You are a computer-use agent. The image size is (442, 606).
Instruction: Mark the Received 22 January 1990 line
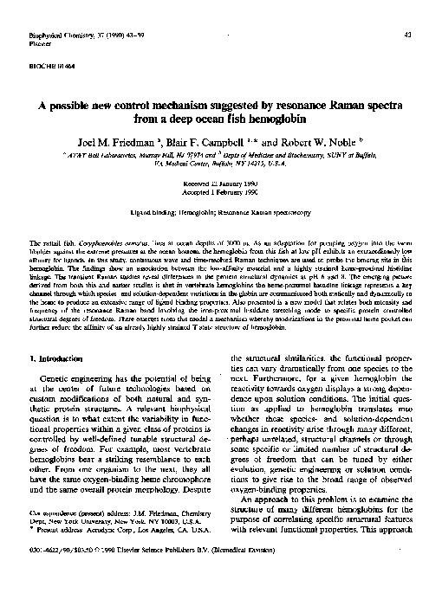[220, 185]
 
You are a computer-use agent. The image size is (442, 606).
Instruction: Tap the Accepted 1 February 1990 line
[220, 194]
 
